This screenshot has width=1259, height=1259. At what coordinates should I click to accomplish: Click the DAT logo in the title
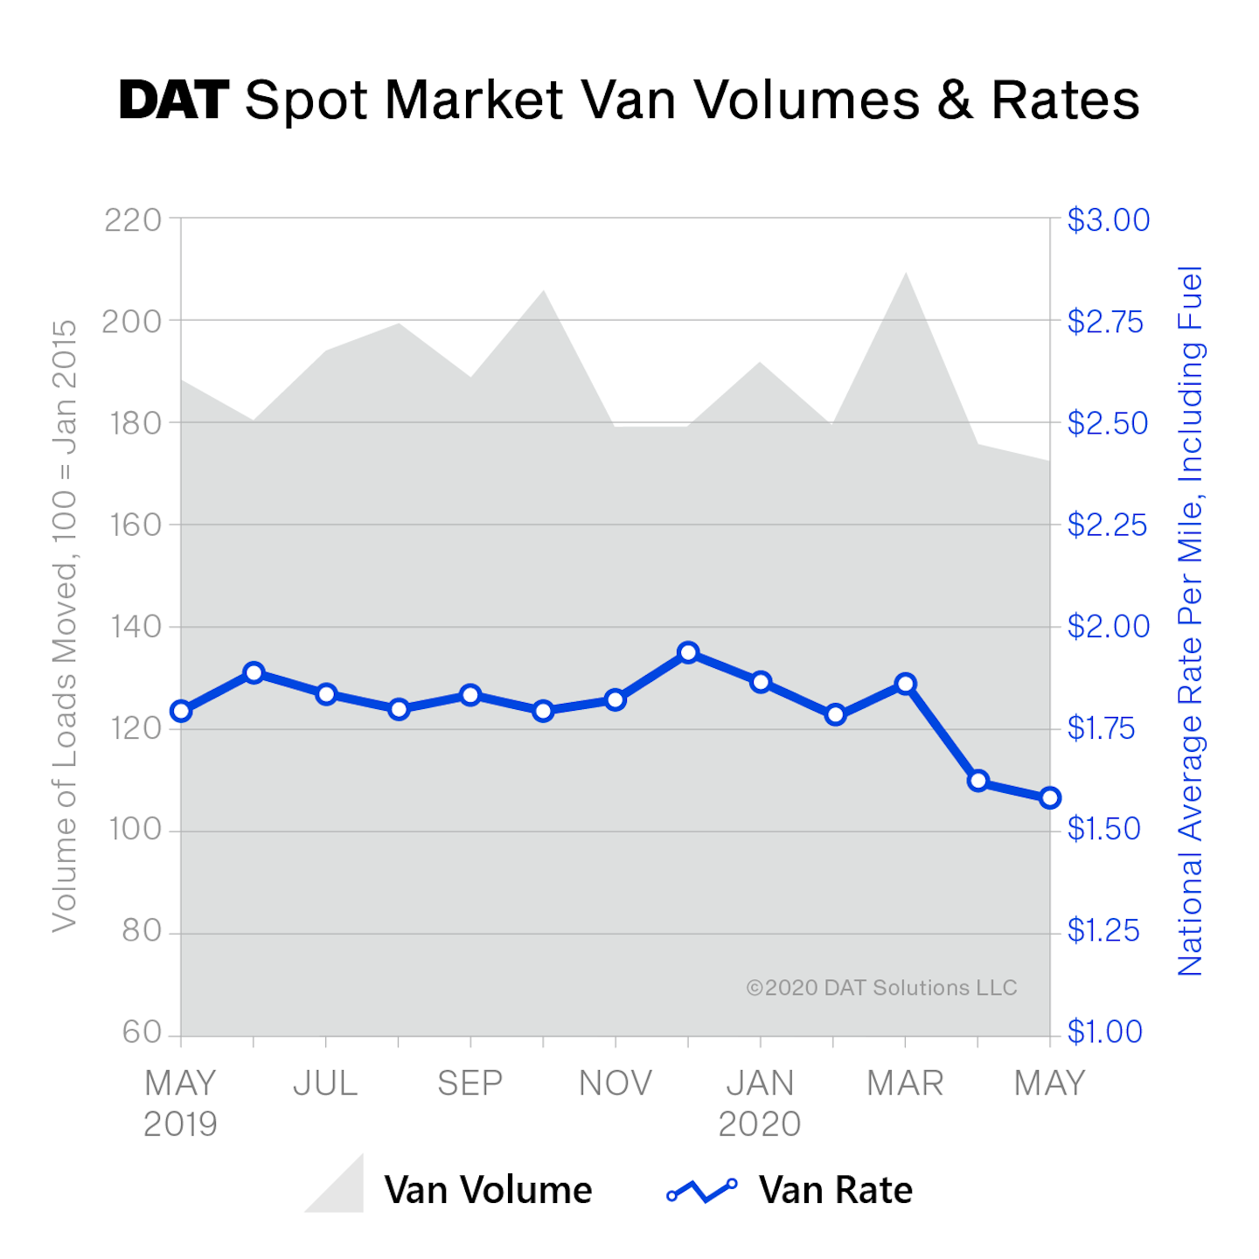(174, 100)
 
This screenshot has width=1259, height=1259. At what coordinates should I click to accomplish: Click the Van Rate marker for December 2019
(688, 652)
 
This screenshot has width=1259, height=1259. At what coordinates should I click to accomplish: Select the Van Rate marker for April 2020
(978, 781)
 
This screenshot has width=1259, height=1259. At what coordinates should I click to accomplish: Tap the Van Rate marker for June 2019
(254, 672)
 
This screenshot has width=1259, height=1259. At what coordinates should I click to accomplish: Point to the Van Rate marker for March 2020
(906, 684)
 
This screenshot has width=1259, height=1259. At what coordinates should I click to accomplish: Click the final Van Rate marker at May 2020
(1050, 797)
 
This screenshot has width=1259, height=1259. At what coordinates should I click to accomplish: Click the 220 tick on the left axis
(133, 220)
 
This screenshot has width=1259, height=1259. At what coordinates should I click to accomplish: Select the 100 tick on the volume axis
(136, 830)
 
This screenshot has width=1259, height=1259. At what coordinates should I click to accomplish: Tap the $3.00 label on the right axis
(1108, 220)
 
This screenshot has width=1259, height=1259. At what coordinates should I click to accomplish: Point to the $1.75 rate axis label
(1101, 728)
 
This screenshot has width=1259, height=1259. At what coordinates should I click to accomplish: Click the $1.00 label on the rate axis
(1105, 1033)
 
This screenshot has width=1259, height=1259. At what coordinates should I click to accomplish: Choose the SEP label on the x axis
(470, 1083)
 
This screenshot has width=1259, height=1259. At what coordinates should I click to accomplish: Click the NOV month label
(616, 1083)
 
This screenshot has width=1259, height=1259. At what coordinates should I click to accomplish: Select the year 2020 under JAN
(760, 1124)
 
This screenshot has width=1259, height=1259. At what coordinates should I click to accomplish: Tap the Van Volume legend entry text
(488, 1190)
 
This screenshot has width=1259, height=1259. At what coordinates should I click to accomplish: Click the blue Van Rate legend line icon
(701, 1190)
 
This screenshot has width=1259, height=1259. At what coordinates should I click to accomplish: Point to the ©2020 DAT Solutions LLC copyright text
(881, 988)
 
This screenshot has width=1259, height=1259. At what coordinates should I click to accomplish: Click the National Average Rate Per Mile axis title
(1191, 621)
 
